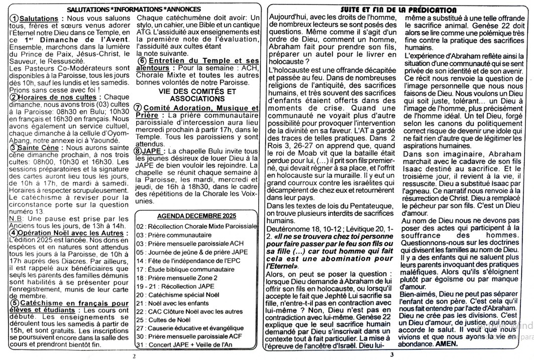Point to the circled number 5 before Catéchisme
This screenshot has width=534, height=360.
tap(15, 303)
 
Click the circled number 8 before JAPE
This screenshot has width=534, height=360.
tap(140, 151)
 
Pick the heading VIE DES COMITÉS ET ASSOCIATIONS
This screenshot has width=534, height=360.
tap(197, 95)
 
